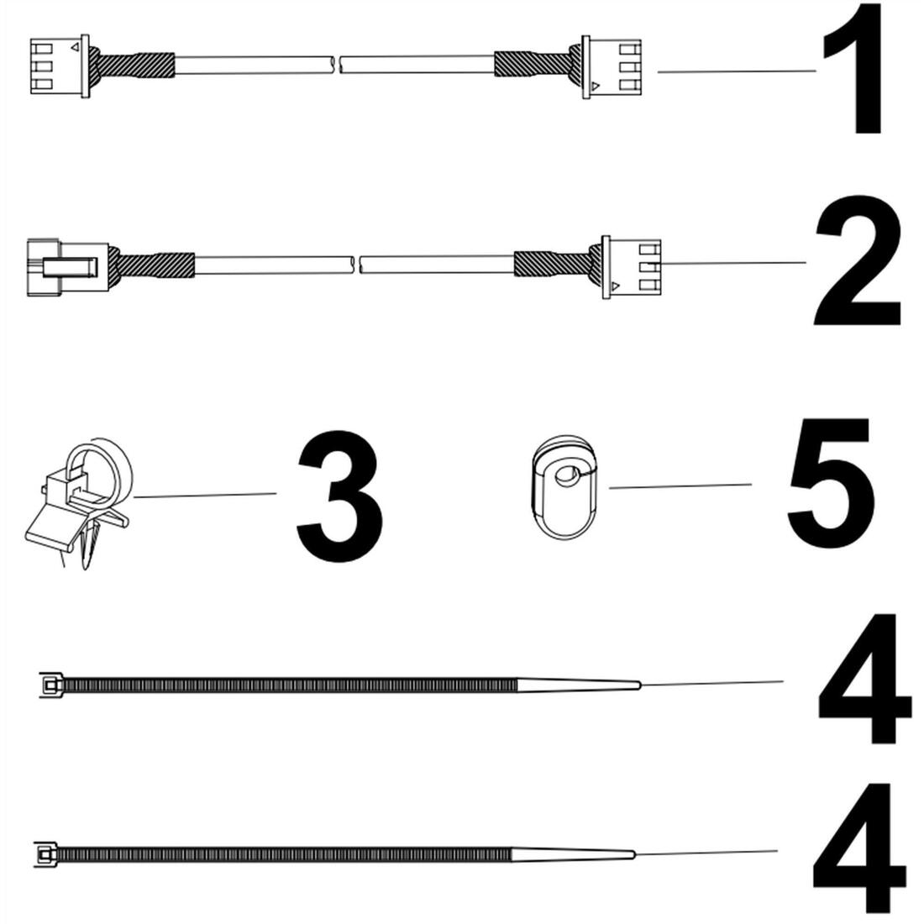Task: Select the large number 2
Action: pos(858,261)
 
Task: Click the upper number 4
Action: pos(864,679)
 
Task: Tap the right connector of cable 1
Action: pos(611,67)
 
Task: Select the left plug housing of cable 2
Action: pos(68,267)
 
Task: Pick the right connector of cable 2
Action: pos(631,267)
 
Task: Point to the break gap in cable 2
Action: pos(356,265)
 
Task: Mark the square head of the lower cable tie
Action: pos(45,854)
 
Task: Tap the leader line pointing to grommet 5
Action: pos(680,486)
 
